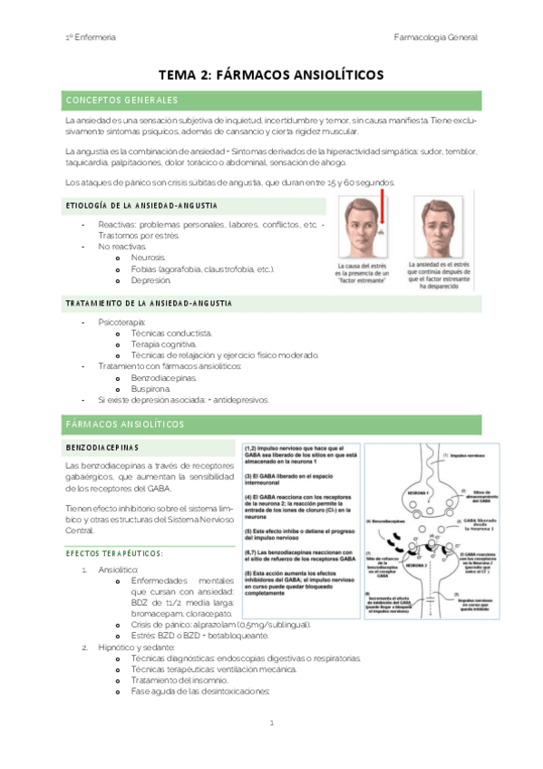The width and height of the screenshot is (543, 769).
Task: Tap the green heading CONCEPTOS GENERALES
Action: click(x=121, y=100)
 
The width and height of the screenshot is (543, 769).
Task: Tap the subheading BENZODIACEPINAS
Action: click(x=102, y=447)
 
